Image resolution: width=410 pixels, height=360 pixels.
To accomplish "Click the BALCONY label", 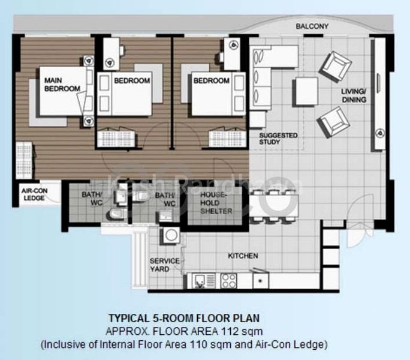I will point(312,26).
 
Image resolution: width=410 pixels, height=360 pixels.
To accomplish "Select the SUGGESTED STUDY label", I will point(278,139).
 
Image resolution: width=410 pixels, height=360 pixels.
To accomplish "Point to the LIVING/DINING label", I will point(354,95).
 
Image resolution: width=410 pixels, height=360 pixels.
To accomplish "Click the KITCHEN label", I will point(243,256).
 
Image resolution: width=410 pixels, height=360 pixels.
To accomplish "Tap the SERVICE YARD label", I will point(161,265).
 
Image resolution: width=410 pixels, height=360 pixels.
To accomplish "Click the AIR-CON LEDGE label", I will point(34,196).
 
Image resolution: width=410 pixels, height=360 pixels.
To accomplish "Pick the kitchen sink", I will point(202,280).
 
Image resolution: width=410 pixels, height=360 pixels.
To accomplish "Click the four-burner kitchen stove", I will point(229,280).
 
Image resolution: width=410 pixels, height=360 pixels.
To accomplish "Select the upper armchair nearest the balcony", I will point(334,65).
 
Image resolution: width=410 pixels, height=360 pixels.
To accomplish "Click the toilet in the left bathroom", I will point(113,214).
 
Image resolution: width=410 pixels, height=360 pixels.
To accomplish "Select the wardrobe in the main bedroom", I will point(23,158).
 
